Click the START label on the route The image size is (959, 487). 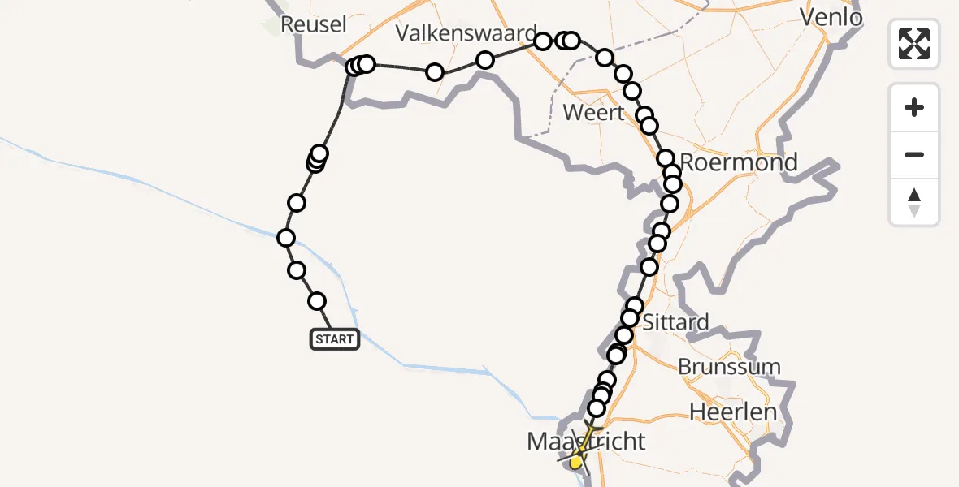[335, 339]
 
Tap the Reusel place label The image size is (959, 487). [313, 24]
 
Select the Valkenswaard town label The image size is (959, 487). [466, 33]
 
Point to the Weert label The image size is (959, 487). [593, 112]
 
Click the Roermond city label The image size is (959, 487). [738, 162]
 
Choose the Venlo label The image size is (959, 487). [831, 17]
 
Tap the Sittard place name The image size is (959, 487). [675, 322]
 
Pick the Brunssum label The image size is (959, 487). [729, 367]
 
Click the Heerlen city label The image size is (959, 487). [732, 412]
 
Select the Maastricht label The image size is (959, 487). [586, 442]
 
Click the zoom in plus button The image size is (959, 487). [914, 107]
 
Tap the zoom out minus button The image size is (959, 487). [914, 154]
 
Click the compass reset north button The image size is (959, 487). [914, 202]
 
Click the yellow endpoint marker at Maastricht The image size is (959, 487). [576, 463]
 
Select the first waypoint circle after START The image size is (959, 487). [317, 302]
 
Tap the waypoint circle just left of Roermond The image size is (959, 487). [666, 158]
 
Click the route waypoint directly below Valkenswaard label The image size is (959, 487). [485, 60]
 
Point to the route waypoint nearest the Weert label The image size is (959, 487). [644, 116]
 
